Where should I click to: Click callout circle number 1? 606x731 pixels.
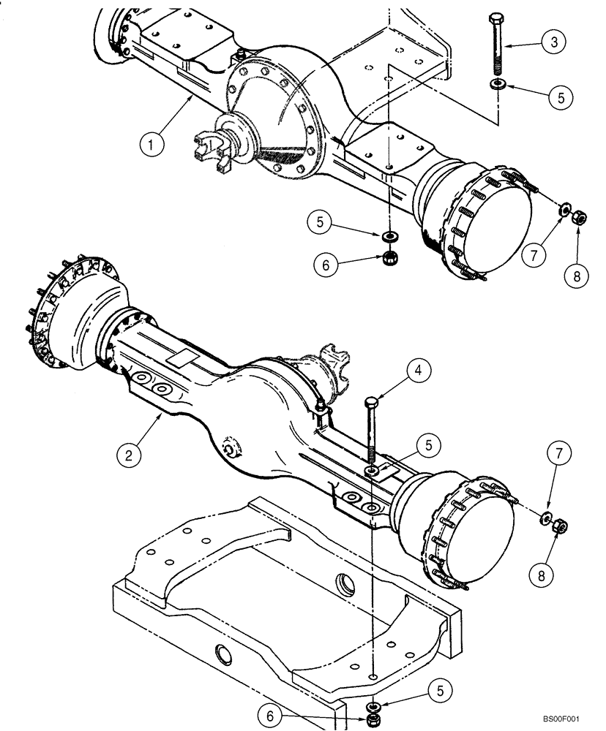[151, 145]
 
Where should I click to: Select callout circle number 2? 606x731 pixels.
[129, 455]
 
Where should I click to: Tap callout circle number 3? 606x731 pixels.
[554, 42]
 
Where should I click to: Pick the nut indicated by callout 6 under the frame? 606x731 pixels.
[373, 720]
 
